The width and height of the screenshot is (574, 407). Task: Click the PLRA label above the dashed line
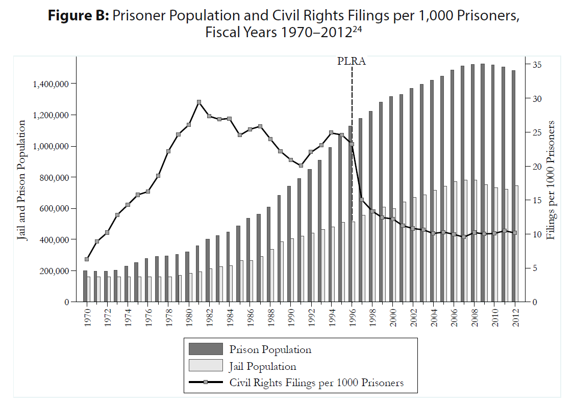[x=352, y=61]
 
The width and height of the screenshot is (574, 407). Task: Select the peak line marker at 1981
[x=199, y=102]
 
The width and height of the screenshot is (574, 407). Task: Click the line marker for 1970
[x=87, y=259]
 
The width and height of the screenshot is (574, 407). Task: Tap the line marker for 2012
[x=515, y=233]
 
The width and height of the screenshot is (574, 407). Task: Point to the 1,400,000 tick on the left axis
[x=51, y=84]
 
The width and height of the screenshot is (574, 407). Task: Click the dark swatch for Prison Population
[x=206, y=349]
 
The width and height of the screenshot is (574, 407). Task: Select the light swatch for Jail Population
[x=206, y=366]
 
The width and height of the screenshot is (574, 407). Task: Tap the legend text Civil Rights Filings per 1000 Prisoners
[x=316, y=383]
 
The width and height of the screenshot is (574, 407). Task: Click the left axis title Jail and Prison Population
[x=21, y=180]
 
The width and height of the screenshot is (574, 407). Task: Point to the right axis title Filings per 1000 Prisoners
[x=551, y=180]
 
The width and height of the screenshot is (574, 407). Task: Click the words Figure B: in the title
[x=79, y=16]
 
